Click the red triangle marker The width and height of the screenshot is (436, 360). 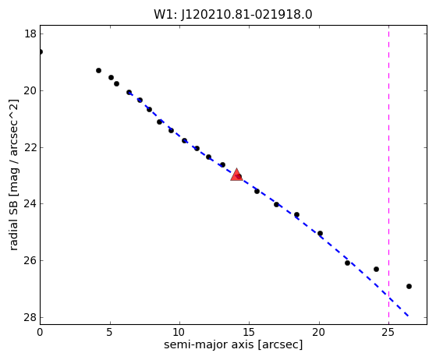coord(236,175)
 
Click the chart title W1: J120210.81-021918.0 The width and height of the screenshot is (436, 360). coord(233,15)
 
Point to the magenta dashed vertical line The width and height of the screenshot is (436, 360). coord(388,175)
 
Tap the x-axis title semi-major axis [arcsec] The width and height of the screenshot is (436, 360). coord(233,344)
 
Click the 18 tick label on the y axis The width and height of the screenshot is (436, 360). coord(30,34)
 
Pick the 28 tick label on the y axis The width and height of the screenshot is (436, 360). coord(30,317)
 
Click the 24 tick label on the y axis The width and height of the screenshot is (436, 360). coord(30,204)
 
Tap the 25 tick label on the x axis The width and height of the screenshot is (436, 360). coord(388,332)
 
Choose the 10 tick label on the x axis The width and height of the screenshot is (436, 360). coord(179,332)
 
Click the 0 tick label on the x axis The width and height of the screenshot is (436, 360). coord(40,332)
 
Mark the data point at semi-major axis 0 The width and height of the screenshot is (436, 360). coord(41,52)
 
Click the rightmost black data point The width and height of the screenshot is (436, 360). coord(409,287)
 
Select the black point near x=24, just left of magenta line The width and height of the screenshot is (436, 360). coord(376,269)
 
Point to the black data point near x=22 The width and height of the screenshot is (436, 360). coord(347,263)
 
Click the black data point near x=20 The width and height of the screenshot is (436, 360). coord(320,233)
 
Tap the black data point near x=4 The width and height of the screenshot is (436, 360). coord(98,71)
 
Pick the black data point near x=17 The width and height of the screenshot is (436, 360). coord(276,204)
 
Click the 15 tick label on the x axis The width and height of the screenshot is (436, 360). coord(249,332)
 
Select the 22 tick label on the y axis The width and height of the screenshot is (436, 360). coord(30,147)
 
